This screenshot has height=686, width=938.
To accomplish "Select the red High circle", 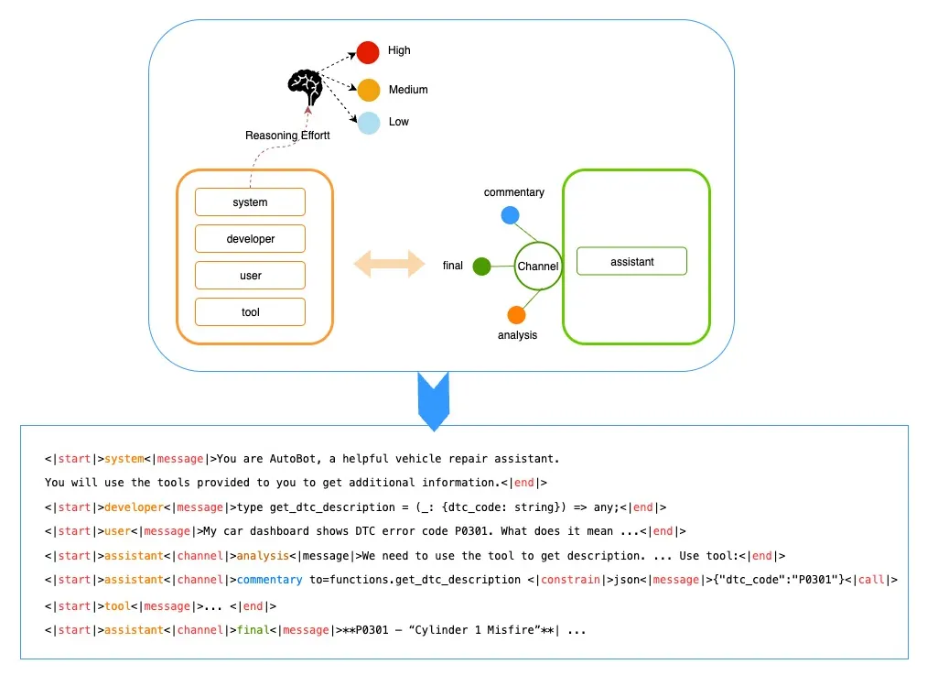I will [x=368, y=52].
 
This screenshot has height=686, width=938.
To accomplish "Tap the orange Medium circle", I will [x=368, y=90].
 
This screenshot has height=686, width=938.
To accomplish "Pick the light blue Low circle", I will [x=368, y=122].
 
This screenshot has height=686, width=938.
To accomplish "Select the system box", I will [x=250, y=202].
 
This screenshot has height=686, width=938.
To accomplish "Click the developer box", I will [x=250, y=239].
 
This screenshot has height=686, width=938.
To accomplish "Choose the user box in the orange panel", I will [x=250, y=276].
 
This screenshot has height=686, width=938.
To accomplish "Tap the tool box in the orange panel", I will [x=250, y=312].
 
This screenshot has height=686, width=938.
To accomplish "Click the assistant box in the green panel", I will [x=631, y=262].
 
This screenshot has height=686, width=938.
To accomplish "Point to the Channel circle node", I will [x=537, y=267].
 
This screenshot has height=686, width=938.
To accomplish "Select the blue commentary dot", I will [x=511, y=216].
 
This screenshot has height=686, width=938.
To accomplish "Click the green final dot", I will [x=482, y=267].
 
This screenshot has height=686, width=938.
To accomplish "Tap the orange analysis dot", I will [x=516, y=315].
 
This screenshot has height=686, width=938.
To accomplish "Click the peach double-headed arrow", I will [x=390, y=265].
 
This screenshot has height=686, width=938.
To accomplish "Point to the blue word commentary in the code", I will [x=269, y=580].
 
